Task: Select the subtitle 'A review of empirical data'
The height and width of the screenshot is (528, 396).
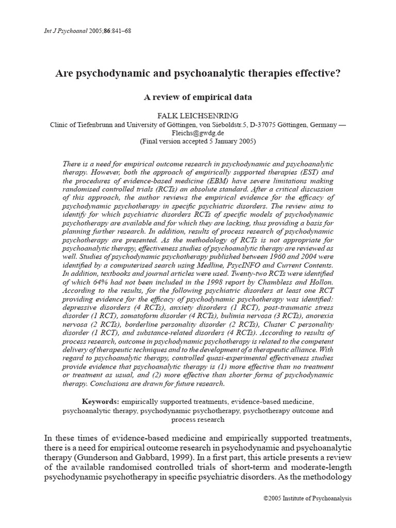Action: click(x=198, y=97)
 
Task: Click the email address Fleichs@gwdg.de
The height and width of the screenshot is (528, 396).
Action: click(x=198, y=133)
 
